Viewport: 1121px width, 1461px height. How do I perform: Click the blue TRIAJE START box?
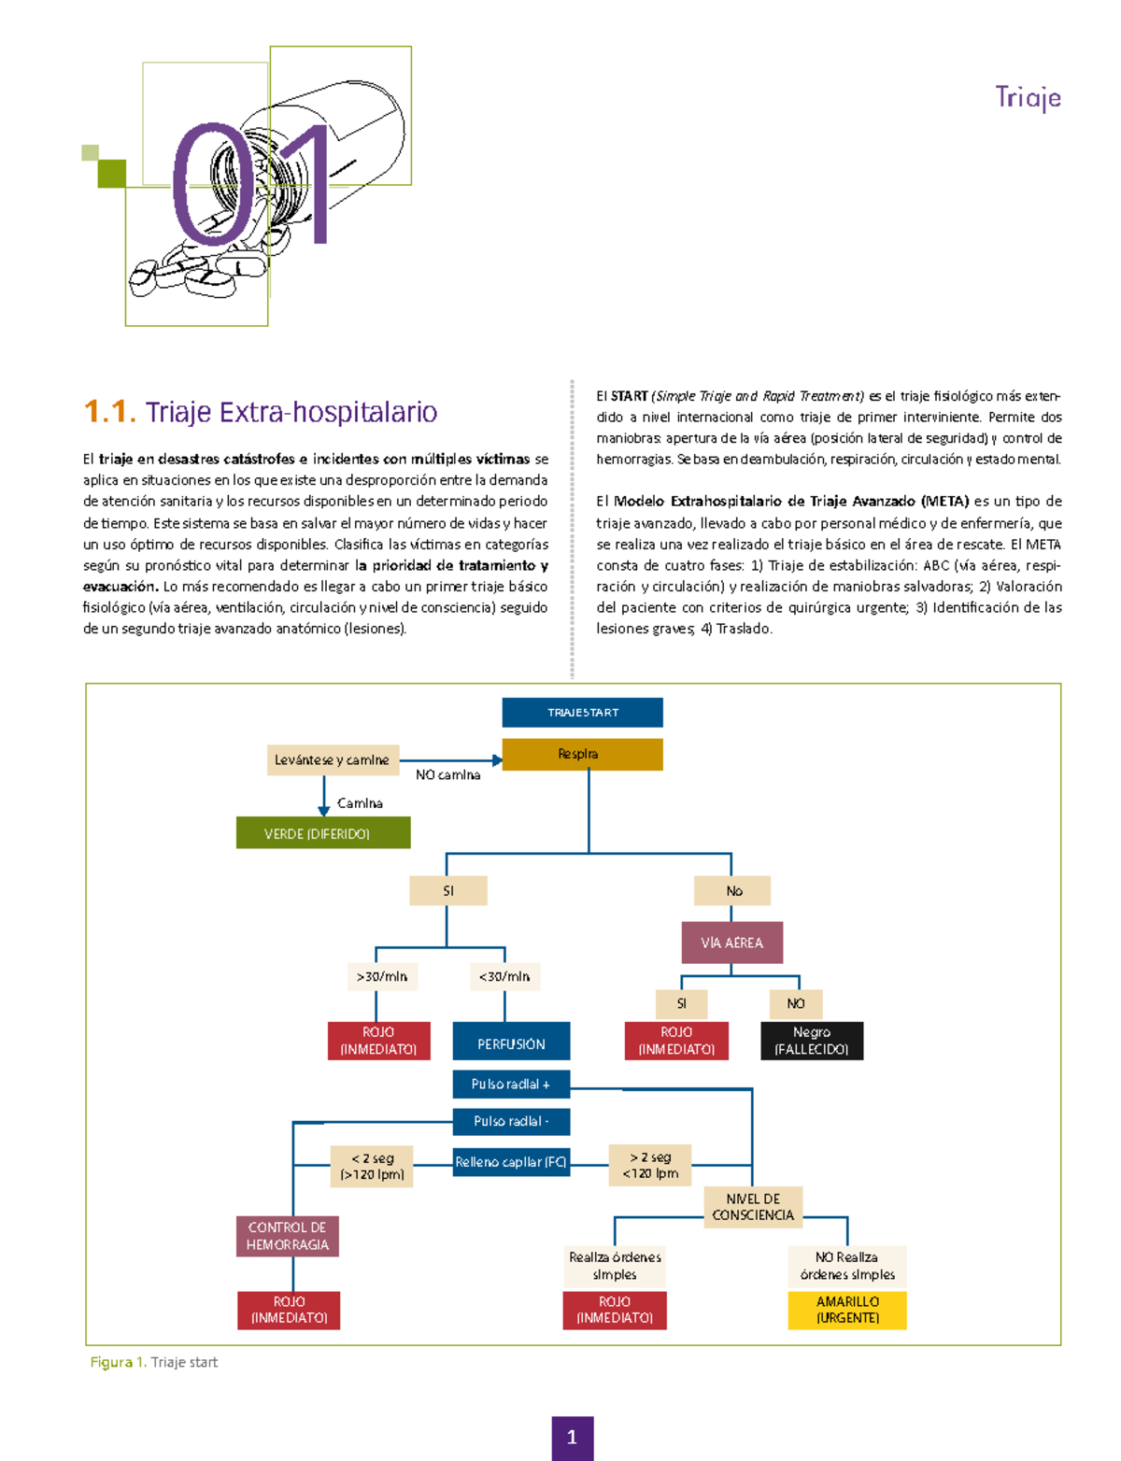pyautogui.click(x=582, y=712)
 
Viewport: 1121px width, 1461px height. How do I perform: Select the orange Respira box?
pyautogui.click(x=582, y=754)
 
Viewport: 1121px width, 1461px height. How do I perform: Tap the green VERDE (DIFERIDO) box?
pyautogui.click(x=322, y=833)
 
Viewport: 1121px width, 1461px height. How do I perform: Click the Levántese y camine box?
pyautogui.click(x=333, y=760)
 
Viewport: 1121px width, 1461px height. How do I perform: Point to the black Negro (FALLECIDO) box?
pyautogui.click(x=811, y=1041)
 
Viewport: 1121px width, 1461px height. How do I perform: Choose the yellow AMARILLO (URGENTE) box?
pyautogui.click(x=847, y=1310)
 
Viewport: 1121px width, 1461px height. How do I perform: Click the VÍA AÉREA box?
pyautogui.click(x=731, y=943)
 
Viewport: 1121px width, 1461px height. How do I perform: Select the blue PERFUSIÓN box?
pyautogui.click(x=511, y=1043)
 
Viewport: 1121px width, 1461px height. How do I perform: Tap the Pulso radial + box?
pyautogui.click(x=511, y=1085)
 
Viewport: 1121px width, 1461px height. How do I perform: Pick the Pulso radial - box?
pyautogui.click(x=511, y=1121)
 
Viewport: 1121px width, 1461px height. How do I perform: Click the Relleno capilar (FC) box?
pyautogui.click(x=511, y=1162)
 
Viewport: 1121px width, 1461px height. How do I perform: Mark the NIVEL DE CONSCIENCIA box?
pyautogui.click(x=753, y=1207)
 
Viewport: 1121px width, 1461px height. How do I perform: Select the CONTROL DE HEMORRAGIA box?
pyautogui.click(x=287, y=1236)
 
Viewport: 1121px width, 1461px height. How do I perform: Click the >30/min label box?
pyautogui.click(x=381, y=977)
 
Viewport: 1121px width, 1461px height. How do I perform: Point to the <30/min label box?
pyautogui.click(x=504, y=977)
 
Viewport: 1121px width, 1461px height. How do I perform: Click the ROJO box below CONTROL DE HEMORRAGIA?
pyautogui.click(x=289, y=1310)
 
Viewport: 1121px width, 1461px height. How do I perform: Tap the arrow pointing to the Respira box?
pyautogui.click(x=497, y=760)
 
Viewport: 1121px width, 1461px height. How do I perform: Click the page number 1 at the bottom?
pyautogui.click(x=572, y=1438)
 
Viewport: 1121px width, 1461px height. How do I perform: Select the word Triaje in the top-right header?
pyautogui.click(x=1028, y=98)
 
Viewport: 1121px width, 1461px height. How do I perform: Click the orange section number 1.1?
pyautogui.click(x=109, y=412)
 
